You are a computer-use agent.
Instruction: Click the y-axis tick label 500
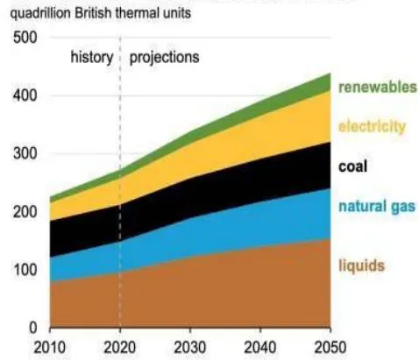click(25, 38)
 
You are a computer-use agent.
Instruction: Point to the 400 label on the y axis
click(25, 95)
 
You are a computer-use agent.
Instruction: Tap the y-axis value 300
click(25, 153)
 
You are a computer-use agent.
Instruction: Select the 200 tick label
click(25, 212)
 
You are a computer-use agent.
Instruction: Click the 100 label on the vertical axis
click(25, 270)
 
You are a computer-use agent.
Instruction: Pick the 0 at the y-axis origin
click(33, 328)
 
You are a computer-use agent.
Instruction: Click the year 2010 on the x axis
click(50, 348)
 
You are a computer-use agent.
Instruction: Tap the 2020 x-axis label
click(120, 348)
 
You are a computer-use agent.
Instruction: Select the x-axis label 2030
click(190, 348)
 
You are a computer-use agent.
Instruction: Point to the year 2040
click(260, 348)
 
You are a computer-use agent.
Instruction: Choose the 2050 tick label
click(330, 348)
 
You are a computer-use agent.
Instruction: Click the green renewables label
click(378, 87)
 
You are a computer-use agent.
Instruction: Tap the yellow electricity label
click(372, 126)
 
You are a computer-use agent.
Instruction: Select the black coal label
click(352, 166)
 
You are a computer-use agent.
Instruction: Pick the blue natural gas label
click(377, 207)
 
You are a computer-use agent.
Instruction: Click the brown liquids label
click(361, 265)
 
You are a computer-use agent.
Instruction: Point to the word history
click(92, 57)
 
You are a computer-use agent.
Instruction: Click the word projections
click(164, 58)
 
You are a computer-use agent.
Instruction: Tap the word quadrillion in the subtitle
click(40, 14)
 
